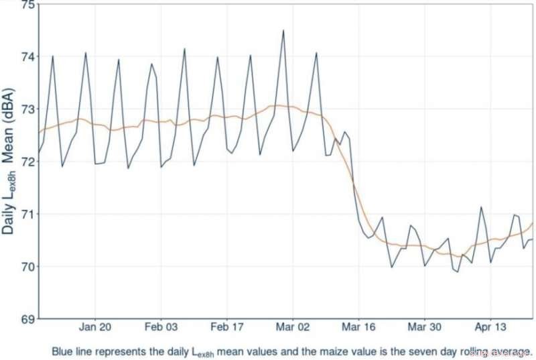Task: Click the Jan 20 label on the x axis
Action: pyautogui.click(x=95, y=328)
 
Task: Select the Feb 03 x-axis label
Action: pyautogui.click(x=161, y=328)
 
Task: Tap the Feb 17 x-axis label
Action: pyautogui.click(x=226, y=328)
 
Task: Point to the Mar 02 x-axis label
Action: pyautogui.click(x=293, y=328)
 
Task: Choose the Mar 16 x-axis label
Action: pyautogui.click(x=358, y=328)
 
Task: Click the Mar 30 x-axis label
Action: pyautogui.click(x=424, y=328)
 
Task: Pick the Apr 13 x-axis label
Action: pyautogui.click(x=490, y=328)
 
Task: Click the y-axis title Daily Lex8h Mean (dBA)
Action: pyautogui.click(x=9, y=161)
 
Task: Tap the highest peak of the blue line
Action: pyautogui.click(x=283, y=30)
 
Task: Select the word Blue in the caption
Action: pyautogui.click(x=64, y=350)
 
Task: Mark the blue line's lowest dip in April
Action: pyautogui.click(x=458, y=272)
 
